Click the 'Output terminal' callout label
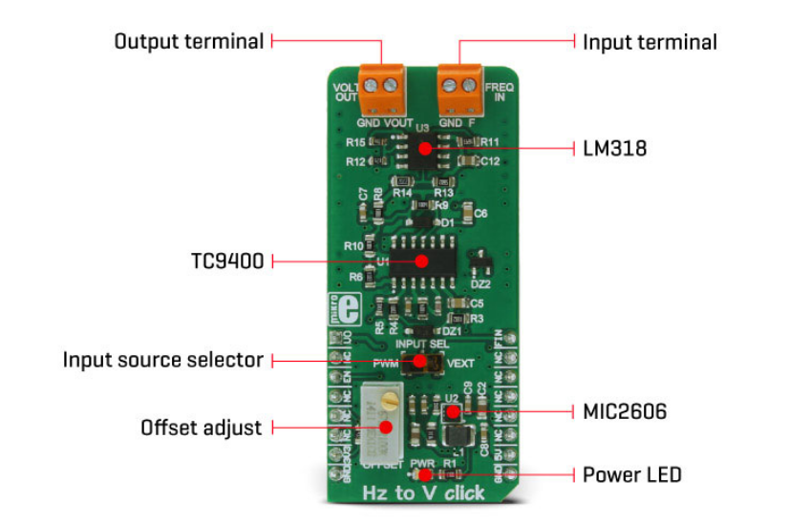coord(188,42)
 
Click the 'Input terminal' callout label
coord(650,42)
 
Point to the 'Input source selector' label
coord(162,360)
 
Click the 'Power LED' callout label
coord(631,473)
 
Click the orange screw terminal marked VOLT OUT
coord(380,88)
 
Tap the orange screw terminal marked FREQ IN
coord(458,88)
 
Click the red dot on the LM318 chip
coord(421,148)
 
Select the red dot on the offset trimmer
coord(387,428)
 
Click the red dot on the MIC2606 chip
coord(453,412)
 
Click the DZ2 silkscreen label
coord(480,283)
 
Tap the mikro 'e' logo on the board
coord(351,308)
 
